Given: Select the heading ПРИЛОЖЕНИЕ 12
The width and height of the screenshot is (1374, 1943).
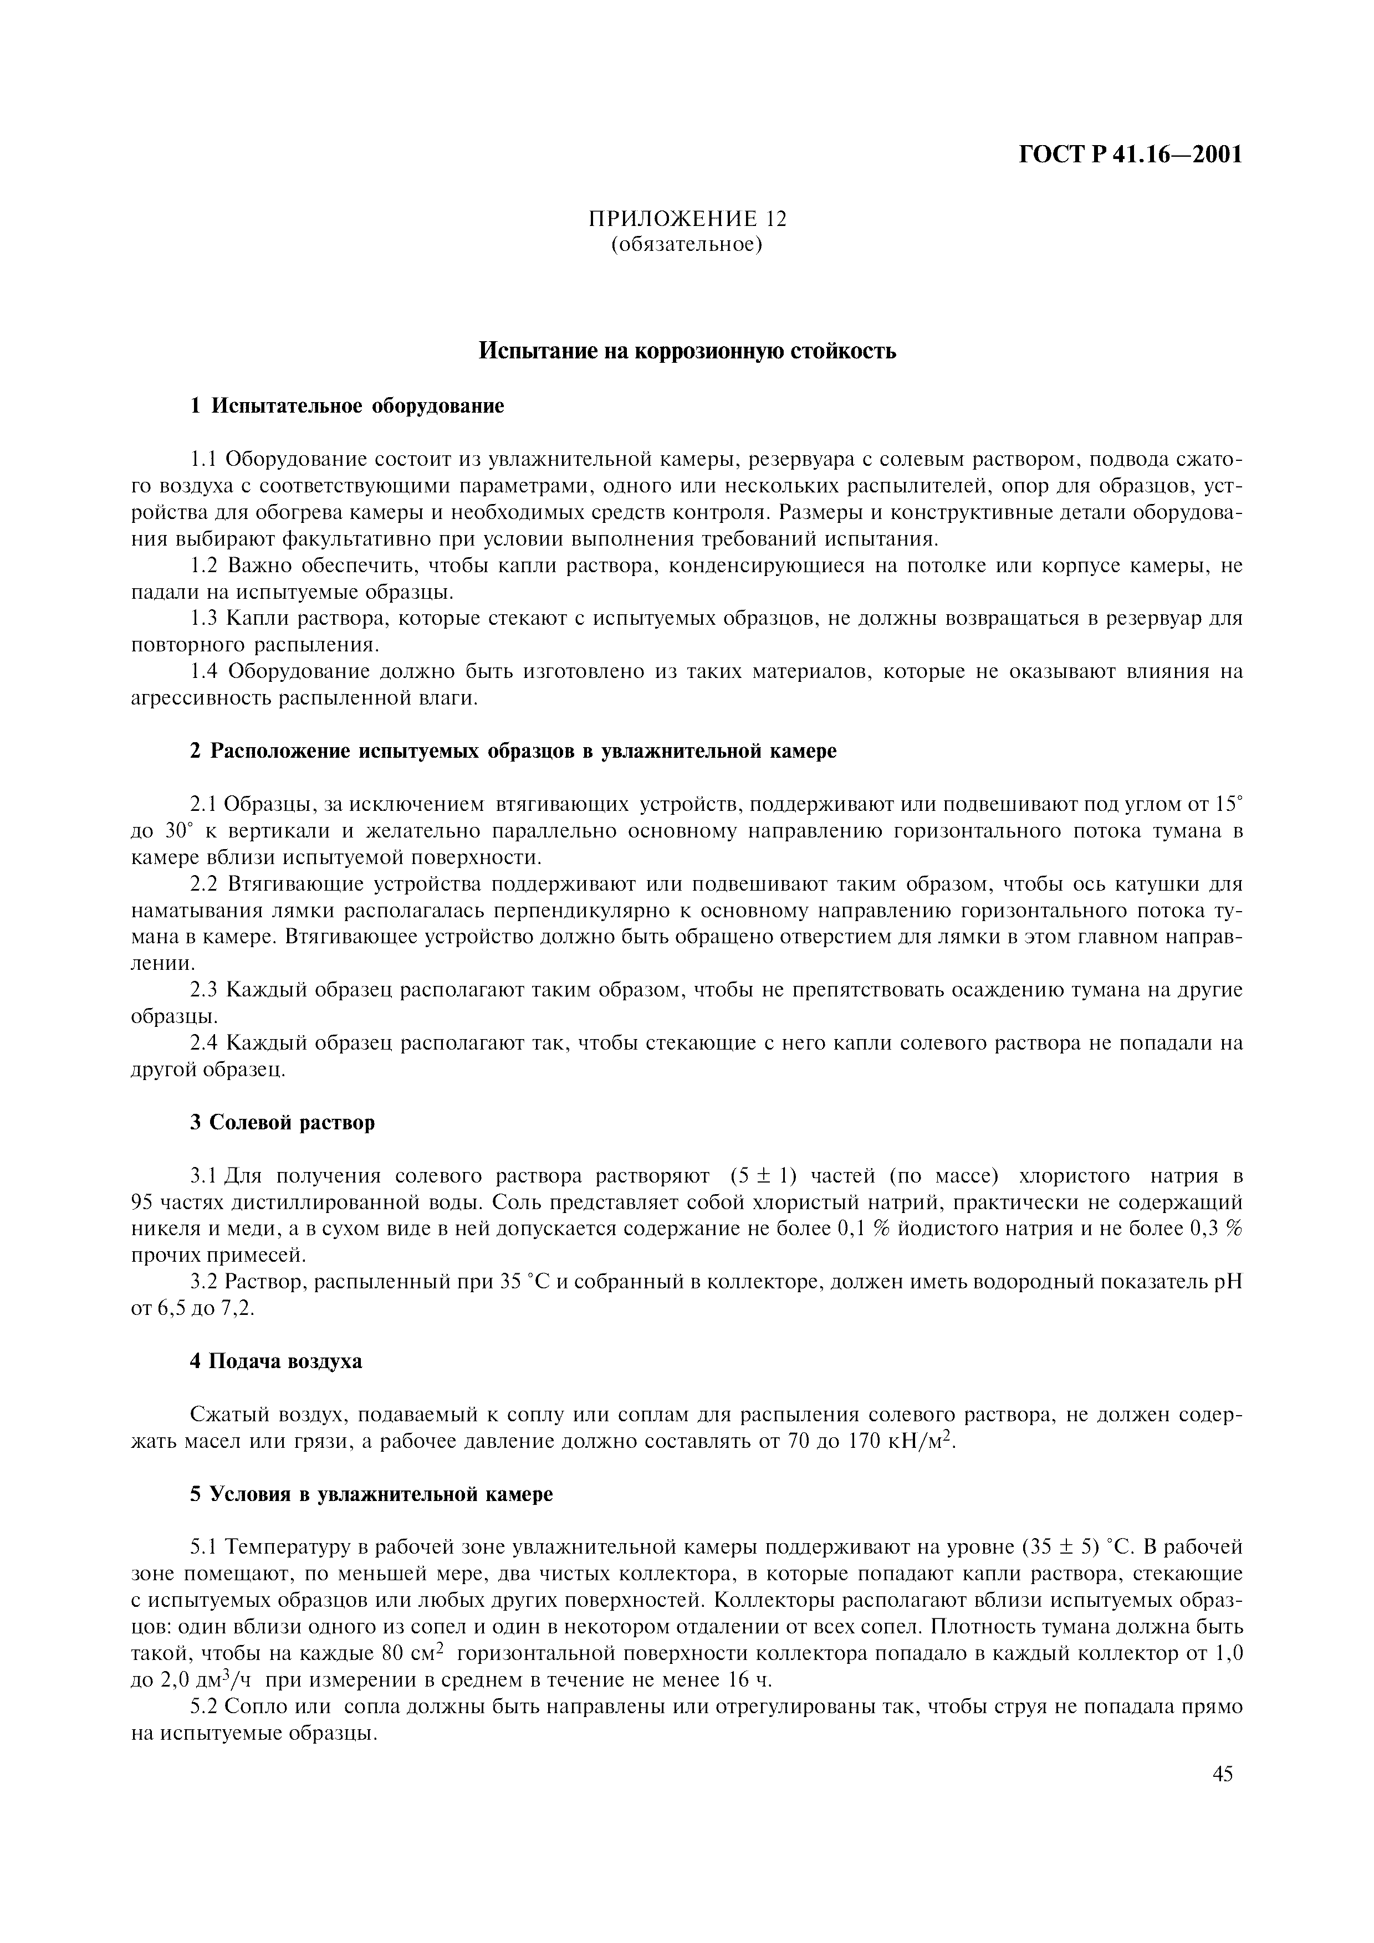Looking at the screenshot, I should [687, 218].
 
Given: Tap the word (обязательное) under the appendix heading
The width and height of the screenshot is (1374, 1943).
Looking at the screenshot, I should [687, 245].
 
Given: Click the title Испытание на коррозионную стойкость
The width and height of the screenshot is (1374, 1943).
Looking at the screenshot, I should [687, 351].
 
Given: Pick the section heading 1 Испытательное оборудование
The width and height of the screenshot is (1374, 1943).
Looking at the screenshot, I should [346, 406].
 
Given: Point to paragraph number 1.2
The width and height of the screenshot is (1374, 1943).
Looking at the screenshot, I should [206, 566].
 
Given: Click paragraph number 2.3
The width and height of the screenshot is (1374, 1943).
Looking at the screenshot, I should [205, 989].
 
